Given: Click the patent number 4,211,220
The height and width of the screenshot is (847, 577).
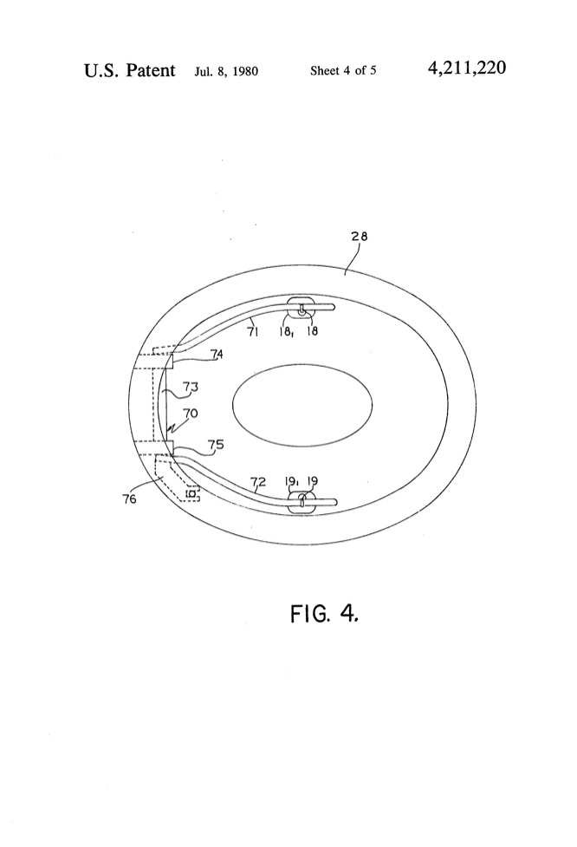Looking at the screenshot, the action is pyautogui.click(x=467, y=68).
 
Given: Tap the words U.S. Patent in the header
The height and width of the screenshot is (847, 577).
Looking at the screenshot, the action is pyautogui.click(x=130, y=70).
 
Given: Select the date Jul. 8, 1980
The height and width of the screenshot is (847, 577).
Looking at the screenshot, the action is pyautogui.click(x=226, y=71).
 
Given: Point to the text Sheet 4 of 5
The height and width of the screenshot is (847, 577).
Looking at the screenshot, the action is pyautogui.click(x=343, y=70).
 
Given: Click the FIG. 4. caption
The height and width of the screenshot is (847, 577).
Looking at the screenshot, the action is pyautogui.click(x=324, y=613).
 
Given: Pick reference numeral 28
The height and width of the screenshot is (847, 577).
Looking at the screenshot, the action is pyautogui.click(x=360, y=236).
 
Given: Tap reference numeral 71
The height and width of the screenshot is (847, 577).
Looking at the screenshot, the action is pyautogui.click(x=253, y=332).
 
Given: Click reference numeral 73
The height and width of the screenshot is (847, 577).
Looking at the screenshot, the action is pyautogui.click(x=190, y=387).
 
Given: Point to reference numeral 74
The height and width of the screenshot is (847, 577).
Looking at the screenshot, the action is pyautogui.click(x=217, y=354).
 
